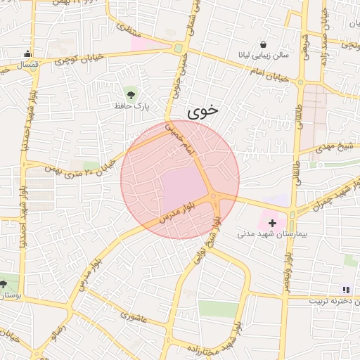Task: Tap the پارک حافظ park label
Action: pos(131,106)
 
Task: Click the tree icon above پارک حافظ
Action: pos(131,94)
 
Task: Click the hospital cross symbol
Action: pos(273,222)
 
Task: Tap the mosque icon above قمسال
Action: pos(27,53)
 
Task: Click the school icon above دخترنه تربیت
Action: pos(345,289)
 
